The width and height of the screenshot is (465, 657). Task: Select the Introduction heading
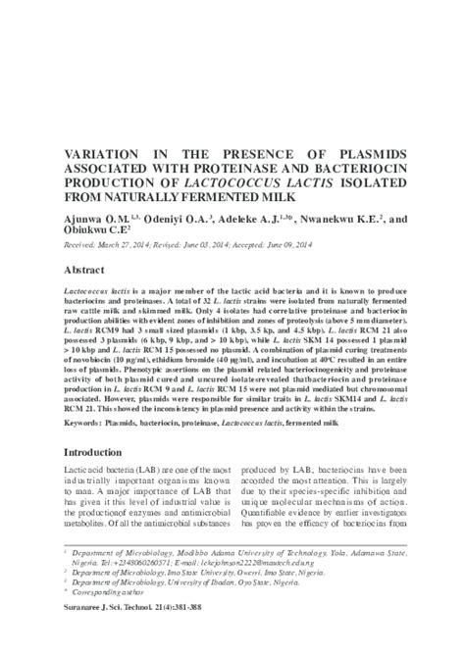pyautogui.click(x=99, y=454)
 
